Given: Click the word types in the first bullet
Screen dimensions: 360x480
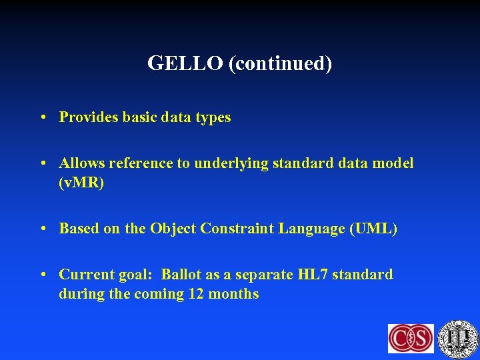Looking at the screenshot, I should [213, 118].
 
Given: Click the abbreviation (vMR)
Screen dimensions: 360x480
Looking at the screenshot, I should [81, 182].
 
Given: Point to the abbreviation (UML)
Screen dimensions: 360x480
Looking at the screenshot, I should [373, 229].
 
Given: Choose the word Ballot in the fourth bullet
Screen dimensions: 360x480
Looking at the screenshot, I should [183, 275].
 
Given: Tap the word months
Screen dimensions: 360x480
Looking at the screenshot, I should [233, 294].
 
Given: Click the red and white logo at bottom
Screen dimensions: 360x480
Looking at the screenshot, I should [411, 338].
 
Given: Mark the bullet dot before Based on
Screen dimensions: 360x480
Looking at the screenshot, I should [43, 229].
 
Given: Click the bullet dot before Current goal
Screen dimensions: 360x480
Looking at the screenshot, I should [43, 275].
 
